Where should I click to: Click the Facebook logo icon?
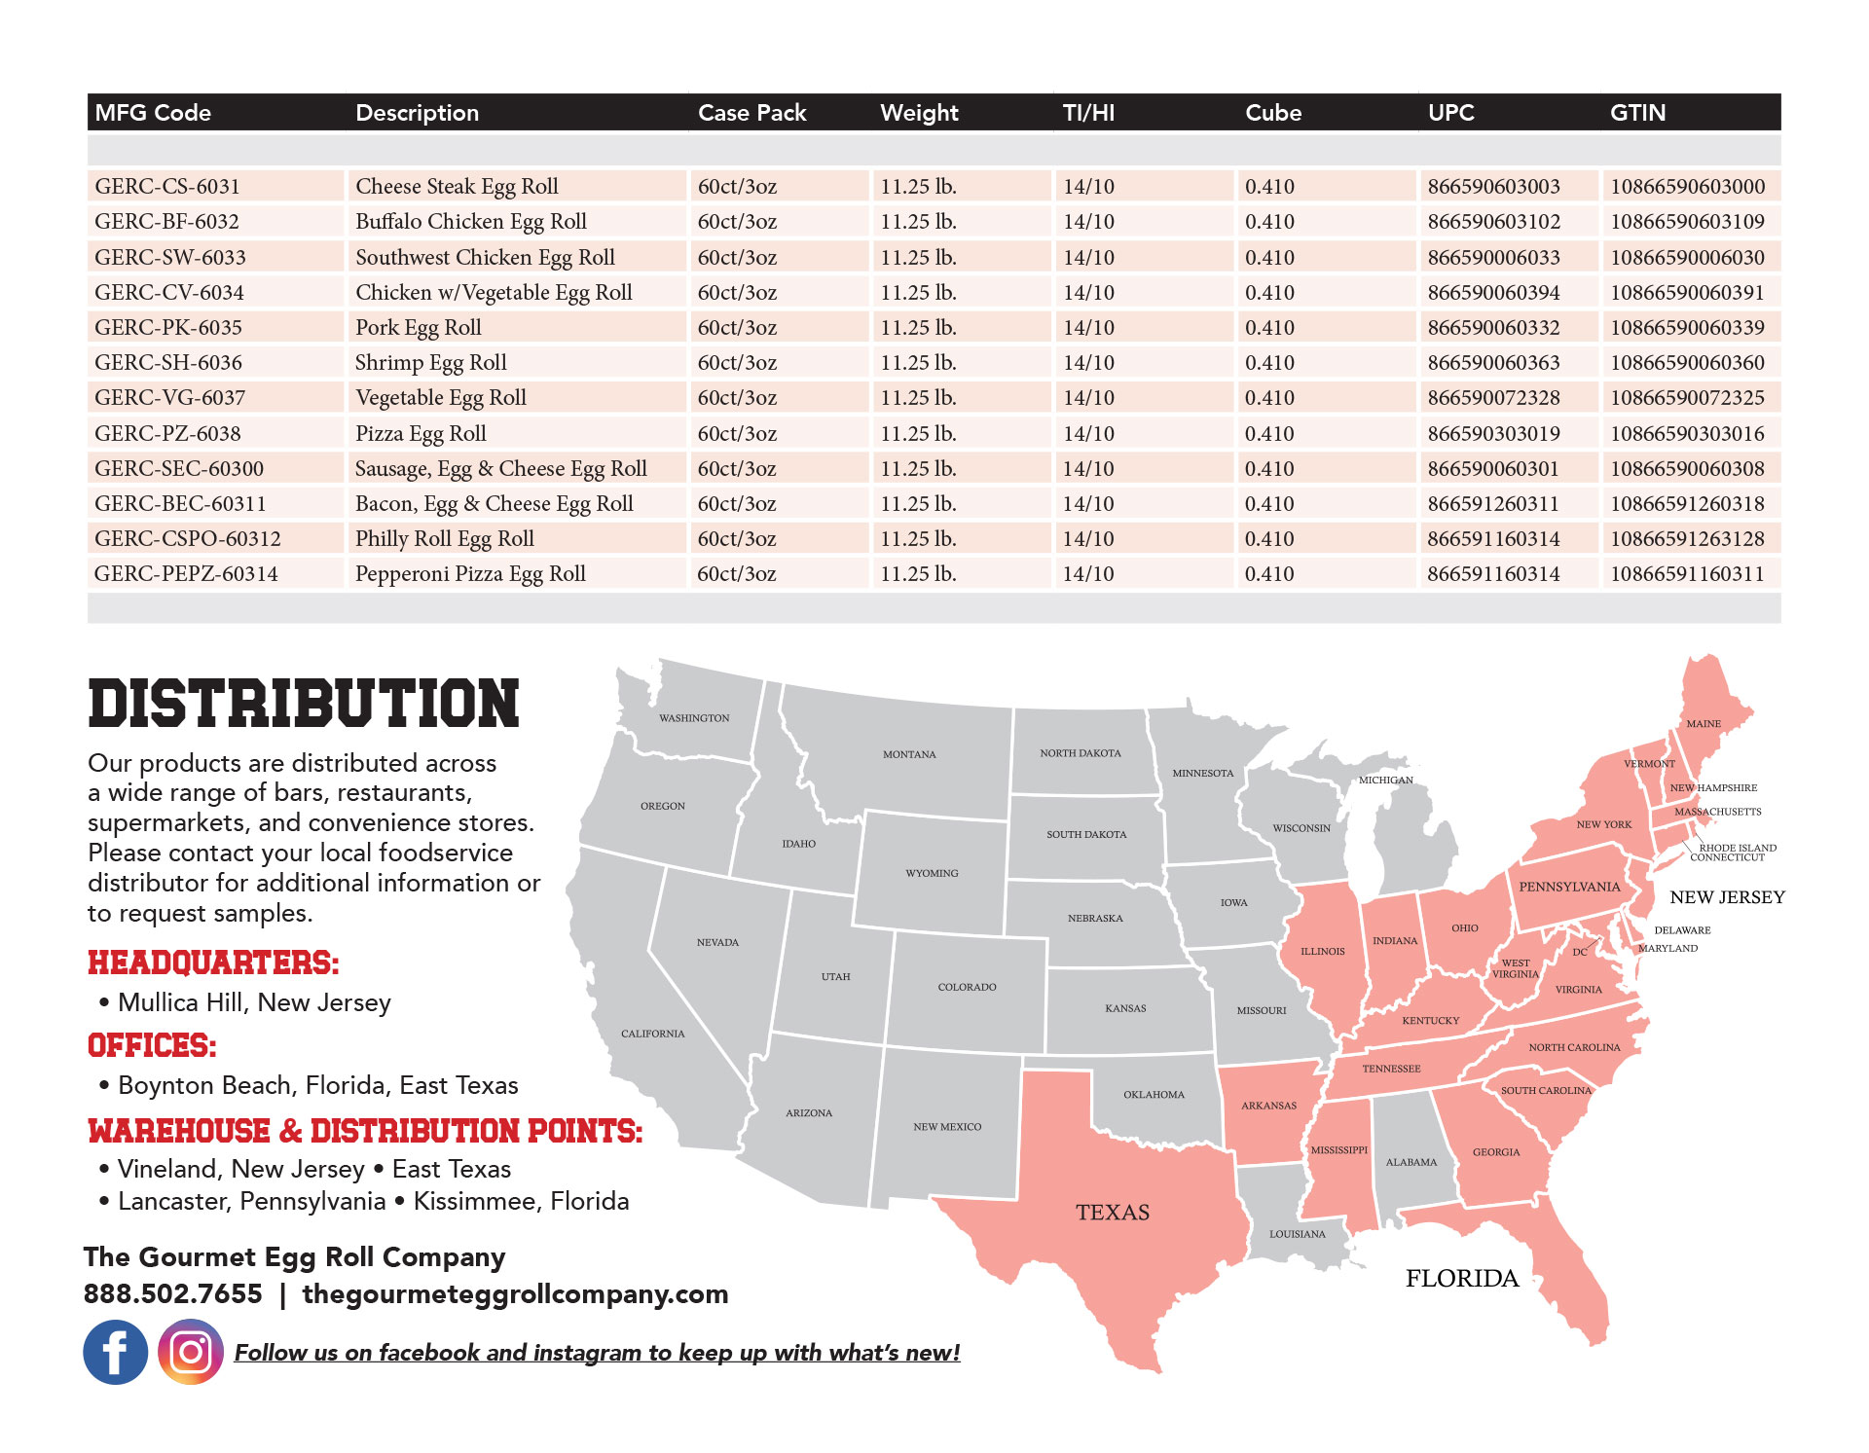tap(115, 1352)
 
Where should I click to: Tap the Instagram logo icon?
tap(191, 1352)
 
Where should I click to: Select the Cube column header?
tap(1272, 113)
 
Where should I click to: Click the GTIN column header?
tap(1637, 113)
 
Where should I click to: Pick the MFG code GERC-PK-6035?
tap(168, 328)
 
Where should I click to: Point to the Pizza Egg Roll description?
tap(421, 434)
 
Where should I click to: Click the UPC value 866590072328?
tap(1493, 398)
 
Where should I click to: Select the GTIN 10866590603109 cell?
tap(1687, 222)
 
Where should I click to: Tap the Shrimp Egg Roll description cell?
tap(430, 363)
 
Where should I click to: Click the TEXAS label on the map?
tap(1113, 1213)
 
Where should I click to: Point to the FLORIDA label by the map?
tap(1462, 1279)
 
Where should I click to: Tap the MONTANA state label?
tap(909, 754)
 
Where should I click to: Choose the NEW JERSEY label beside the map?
tap(1727, 897)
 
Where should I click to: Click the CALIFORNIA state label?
tap(653, 1034)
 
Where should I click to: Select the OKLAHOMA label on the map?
tap(1154, 1095)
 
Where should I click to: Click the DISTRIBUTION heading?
tap(304, 705)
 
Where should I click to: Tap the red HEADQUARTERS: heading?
tap(213, 963)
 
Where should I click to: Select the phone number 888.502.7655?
tap(173, 1294)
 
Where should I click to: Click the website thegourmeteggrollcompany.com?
tap(515, 1294)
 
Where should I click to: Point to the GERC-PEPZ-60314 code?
tap(186, 574)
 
